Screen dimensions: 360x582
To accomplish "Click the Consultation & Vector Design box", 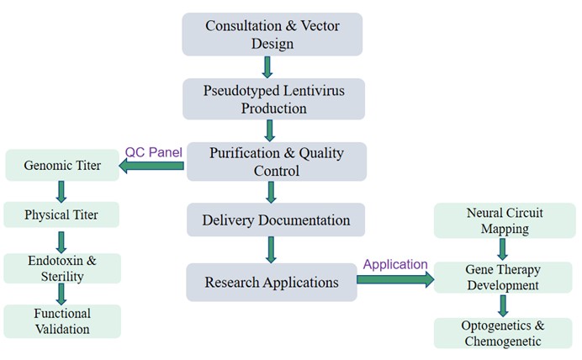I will (272, 34).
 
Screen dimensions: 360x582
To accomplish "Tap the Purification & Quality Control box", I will (276, 161).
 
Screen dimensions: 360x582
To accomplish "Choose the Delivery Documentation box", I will (276, 220).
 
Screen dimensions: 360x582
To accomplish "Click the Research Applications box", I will (272, 282).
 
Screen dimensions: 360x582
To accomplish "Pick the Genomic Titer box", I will (62, 165).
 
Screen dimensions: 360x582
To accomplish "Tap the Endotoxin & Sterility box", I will (62, 268).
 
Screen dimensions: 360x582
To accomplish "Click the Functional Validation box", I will (62, 321).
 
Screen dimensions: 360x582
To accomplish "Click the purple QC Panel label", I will (153, 152).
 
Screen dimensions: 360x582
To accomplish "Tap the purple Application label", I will (394, 264).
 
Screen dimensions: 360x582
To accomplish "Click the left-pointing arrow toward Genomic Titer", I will (151, 166).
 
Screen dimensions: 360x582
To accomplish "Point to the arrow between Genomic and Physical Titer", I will (61, 189).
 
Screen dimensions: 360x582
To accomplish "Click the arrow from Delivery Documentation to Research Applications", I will (272, 251).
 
